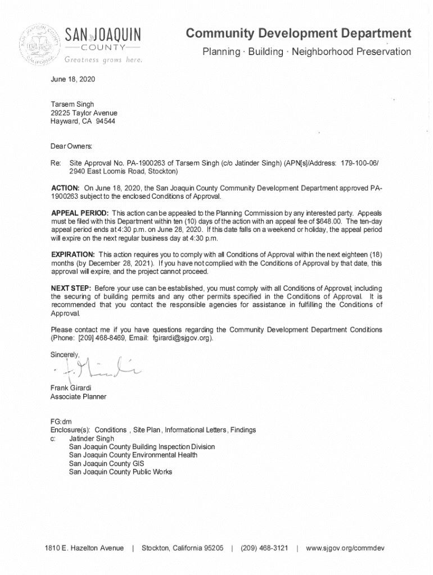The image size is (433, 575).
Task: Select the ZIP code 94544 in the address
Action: pyautogui.click(x=105, y=122)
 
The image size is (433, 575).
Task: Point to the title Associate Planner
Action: pyautogui.click(x=78, y=397)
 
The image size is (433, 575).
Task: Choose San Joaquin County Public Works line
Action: pyautogui.click(x=120, y=472)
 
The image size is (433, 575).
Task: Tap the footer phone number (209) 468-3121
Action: pyautogui.click(x=264, y=548)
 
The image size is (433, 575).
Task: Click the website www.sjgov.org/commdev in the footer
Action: pyautogui.click(x=345, y=548)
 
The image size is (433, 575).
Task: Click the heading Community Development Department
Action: pyautogui.click(x=298, y=34)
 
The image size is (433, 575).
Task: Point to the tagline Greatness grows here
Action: pyautogui.click(x=103, y=60)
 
